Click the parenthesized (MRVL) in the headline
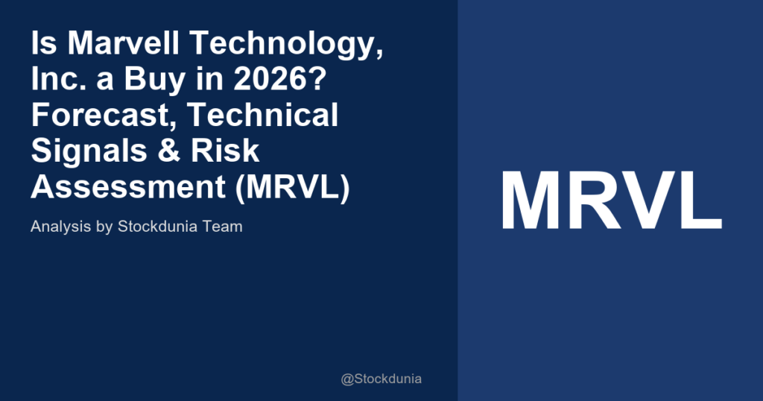pos(292,187)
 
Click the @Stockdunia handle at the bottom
pos(381,379)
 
